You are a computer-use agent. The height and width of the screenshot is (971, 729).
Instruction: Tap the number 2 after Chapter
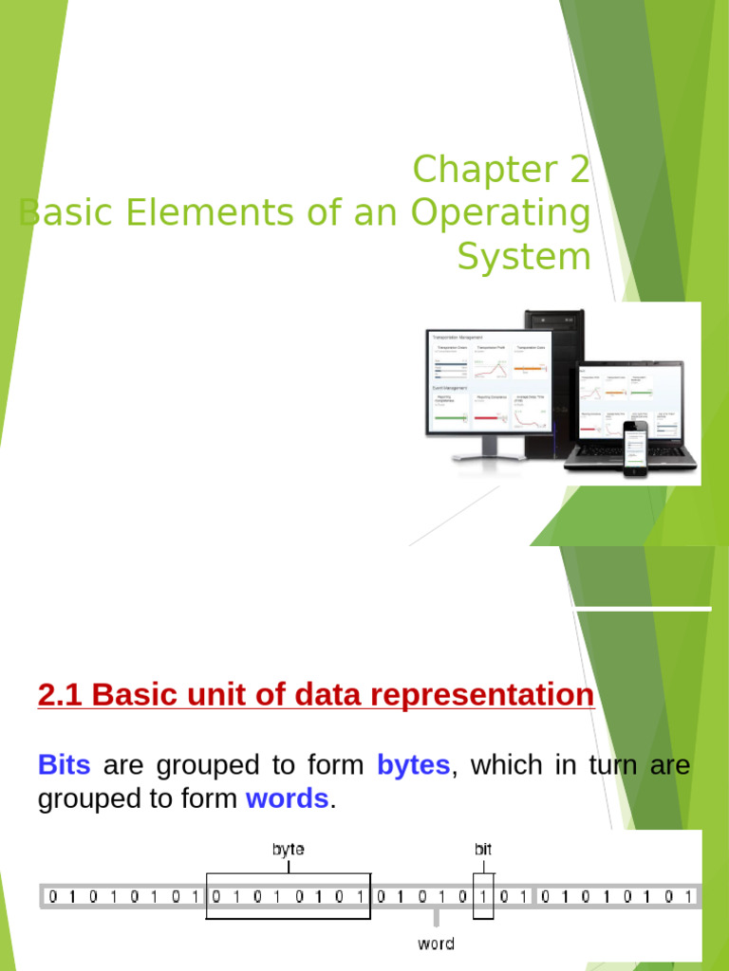coord(579,171)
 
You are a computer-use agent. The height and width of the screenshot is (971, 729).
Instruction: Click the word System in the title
coord(523,258)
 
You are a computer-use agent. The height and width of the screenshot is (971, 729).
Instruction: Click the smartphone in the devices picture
coord(635,450)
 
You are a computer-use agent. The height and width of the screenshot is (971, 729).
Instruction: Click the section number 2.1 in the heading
coord(61,696)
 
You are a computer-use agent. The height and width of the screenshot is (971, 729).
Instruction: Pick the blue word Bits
coord(64,765)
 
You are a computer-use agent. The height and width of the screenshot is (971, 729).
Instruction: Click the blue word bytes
coord(413,765)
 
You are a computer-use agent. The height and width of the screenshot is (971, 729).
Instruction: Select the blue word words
coord(287,799)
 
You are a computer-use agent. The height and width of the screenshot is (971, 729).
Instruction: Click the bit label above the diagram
coord(483,849)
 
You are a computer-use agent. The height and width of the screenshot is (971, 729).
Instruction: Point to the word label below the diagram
coord(436,944)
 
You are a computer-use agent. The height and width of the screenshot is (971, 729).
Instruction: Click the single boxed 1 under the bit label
coord(484,896)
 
